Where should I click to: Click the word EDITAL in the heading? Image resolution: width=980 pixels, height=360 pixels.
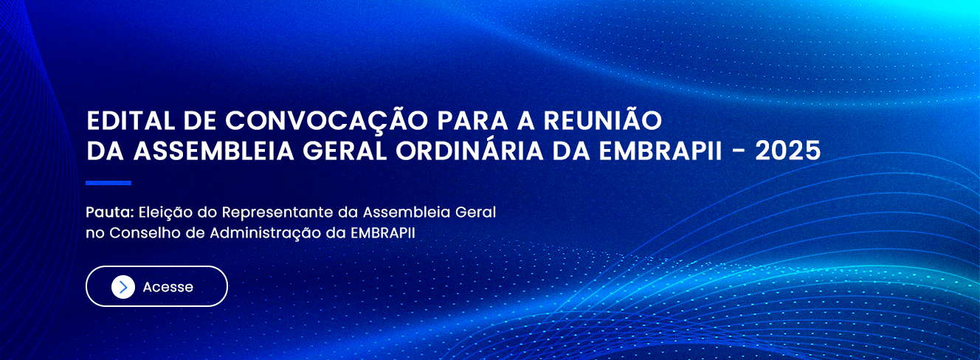pyautogui.click(x=131, y=121)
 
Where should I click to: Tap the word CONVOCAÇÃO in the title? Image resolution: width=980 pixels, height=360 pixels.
pyautogui.click(x=326, y=120)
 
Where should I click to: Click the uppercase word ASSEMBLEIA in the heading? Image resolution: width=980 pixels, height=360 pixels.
pyautogui.click(x=213, y=151)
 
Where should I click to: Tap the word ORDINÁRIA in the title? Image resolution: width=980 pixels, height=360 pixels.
pyautogui.click(x=469, y=149)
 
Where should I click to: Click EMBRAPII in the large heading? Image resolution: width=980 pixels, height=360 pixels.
pyautogui.click(x=660, y=151)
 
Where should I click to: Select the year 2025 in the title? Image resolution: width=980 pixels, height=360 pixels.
pyautogui.click(x=788, y=151)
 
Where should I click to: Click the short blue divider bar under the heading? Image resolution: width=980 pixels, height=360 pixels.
pyautogui.click(x=108, y=183)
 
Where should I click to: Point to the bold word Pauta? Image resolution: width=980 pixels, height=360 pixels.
pyautogui.click(x=110, y=212)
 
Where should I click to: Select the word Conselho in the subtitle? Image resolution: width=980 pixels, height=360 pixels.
pyautogui.click(x=145, y=233)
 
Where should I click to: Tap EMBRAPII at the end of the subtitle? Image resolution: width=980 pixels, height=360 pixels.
pyautogui.click(x=383, y=233)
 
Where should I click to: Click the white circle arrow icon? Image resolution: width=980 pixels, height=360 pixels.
pyautogui.click(x=123, y=287)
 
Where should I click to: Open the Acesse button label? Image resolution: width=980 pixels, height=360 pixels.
pyautogui.click(x=168, y=287)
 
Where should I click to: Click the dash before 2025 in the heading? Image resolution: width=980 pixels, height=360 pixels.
pyautogui.click(x=739, y=152)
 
